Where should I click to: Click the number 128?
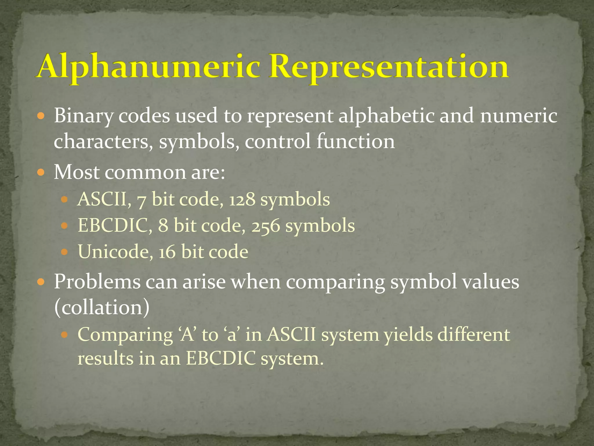point(242,200)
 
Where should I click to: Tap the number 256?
point(265,226)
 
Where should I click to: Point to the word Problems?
point(97,282)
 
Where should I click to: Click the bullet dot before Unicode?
point(65,252)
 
